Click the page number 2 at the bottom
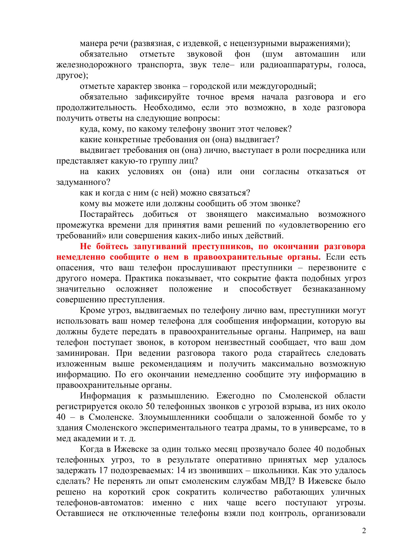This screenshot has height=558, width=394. tap(364, 531)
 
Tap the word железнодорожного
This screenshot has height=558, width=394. tap(94, 65)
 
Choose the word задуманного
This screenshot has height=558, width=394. tap(83, 182)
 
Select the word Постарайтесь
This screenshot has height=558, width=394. tap(107, 214)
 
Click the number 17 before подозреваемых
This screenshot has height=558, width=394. tap(104, 470)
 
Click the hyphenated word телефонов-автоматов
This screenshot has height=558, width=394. tap(100, 503)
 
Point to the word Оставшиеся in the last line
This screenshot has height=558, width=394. tap(80, 513)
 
